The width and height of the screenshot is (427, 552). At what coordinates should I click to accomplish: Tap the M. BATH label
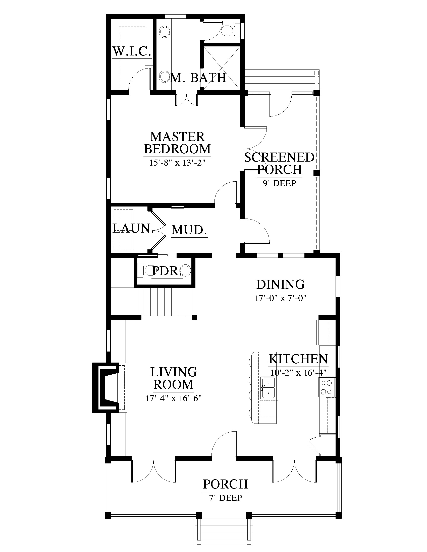[x=198, y=78]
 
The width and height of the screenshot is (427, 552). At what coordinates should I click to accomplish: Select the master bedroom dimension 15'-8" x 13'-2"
[x=177, y=163]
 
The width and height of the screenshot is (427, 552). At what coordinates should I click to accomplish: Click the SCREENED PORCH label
[x=279, y=163]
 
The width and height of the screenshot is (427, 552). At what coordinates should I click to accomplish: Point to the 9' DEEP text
[x=279, y=183]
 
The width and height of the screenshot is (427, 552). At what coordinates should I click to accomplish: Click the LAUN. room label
[x=133, y=229]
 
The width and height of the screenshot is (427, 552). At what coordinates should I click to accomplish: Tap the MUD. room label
[x=189, y=230]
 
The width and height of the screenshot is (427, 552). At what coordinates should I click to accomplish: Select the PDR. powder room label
[x=167, y=271]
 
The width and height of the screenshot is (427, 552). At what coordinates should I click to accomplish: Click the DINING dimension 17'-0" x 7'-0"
[x=281, y=298]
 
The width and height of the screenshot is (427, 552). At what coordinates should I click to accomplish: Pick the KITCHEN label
[x=298, y=359]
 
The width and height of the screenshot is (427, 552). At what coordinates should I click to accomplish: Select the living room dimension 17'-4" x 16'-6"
[x=174, y=399]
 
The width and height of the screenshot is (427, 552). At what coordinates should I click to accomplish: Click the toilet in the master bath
[x=230, y=31]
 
